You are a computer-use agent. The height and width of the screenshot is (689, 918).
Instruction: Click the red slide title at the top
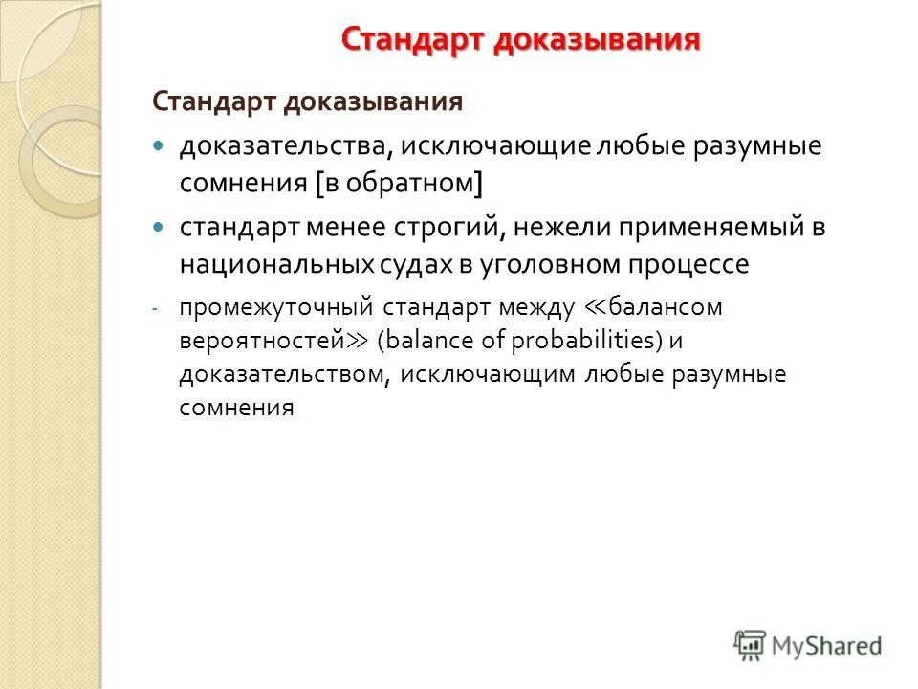point(521,40)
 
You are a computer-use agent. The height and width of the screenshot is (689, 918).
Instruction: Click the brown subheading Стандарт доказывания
point(309,100)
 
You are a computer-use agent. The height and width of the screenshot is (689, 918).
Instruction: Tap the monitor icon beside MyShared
point(752,645)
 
